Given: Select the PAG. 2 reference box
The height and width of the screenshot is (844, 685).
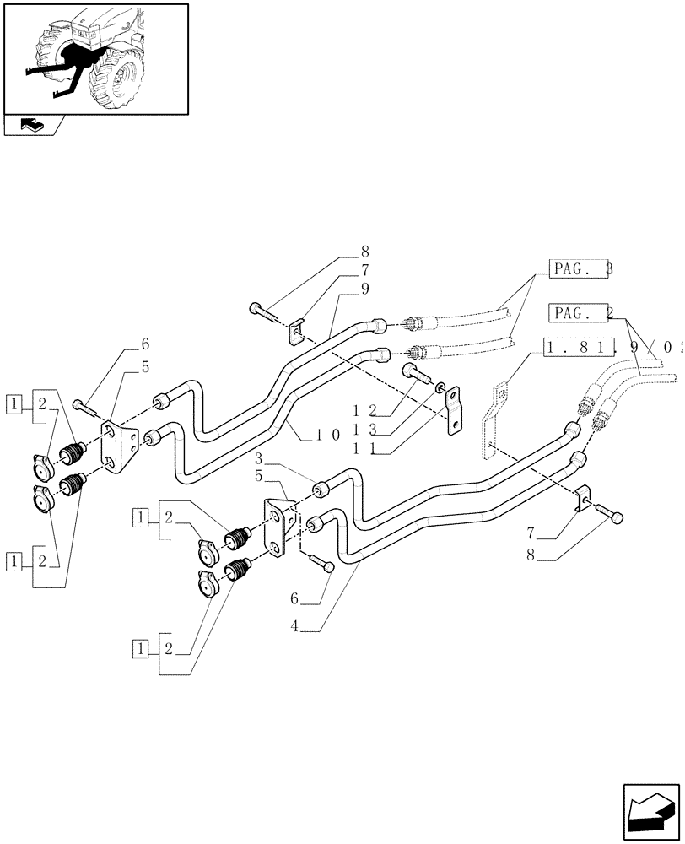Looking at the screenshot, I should point(579,313).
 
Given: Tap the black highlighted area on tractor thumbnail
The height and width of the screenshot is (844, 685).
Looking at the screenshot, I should point(80,59).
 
